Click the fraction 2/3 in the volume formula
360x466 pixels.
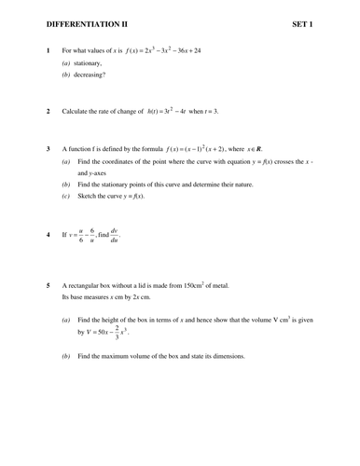point(117,331)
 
